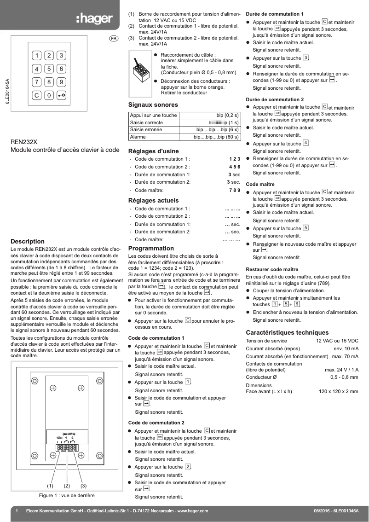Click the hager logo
tap(94, 19)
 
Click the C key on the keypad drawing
tap(36, 95)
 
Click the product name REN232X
tap(23, 142)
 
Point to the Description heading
tap(28, 241)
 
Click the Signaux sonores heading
tap(153, 105)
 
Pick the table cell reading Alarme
tap(138, 137)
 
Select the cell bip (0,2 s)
tap(227, 116)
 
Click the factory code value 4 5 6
tap(234, 167)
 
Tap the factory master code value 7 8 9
tap(234, 190)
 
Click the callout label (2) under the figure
tap(67, 486)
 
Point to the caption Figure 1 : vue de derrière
tap(67, 495)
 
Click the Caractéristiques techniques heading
tap(287, 332)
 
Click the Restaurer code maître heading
tap(272, 269)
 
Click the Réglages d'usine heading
tap(153, 151)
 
